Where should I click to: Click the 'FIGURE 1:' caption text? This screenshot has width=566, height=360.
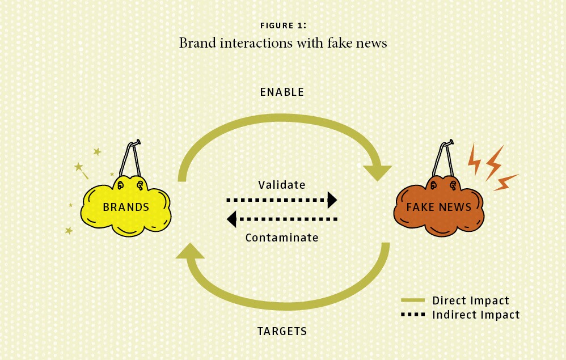tap(283, 26)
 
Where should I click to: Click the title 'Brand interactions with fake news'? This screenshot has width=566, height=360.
tap(283, 43)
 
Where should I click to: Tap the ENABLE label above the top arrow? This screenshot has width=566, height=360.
tap(282, 92)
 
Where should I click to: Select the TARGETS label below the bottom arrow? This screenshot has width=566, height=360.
tap(282, 331)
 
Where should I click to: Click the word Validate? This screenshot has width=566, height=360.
tap(282, 185)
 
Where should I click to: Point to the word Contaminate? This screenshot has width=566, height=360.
tap(282, 238)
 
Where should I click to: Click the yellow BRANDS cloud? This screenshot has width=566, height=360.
tap(125, 206)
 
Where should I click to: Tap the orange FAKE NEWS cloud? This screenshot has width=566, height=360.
tap(439, 206)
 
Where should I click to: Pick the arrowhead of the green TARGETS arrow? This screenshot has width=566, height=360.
tap(190, 251)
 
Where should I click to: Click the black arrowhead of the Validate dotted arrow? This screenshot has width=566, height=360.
tap(332, 200)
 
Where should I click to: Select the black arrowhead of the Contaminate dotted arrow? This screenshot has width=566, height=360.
tap(231, 219)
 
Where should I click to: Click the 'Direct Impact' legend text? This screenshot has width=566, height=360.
tap(471, 300)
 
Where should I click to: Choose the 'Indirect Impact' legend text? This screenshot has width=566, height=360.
tap(476, 315)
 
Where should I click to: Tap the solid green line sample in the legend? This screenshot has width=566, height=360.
tap(413, 300)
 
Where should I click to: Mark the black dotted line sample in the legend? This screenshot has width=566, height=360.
tap(413, 315)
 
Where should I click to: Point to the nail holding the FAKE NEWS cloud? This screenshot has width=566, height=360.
tap(449, 143)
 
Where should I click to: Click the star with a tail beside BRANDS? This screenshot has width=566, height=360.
tap(81, 170)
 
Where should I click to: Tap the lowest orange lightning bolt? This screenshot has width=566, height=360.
tap(506, 182)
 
